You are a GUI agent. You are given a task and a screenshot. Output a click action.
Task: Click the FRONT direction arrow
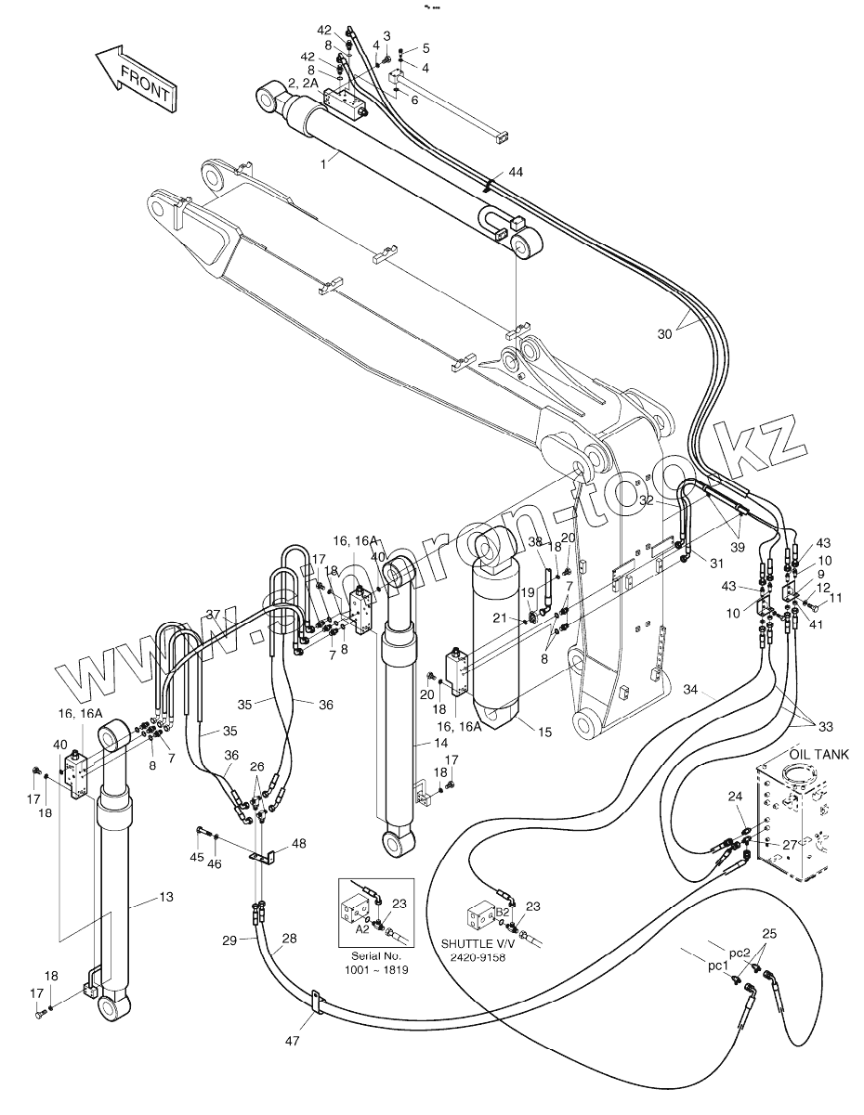[135, 82]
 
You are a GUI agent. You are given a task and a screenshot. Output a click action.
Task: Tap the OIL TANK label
[818, 755]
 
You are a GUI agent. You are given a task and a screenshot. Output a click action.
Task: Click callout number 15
[544, 732]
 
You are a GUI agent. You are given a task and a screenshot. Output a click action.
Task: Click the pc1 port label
[718, 966]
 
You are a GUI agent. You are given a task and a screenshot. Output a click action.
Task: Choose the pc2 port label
[739, 953]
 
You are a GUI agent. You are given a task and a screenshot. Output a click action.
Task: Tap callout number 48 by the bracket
[298, 843]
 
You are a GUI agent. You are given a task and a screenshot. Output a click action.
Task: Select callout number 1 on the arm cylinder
[297, 163]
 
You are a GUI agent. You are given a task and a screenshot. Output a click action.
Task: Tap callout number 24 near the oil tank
[735, 796]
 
